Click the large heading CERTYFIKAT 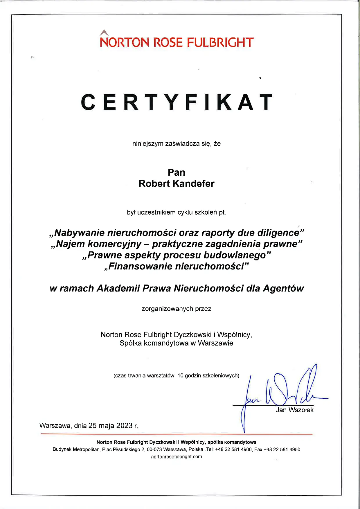[177, 102]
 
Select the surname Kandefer [193, 184]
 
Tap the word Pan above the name [177, 172]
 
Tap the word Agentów [283, 288]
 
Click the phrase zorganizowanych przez [177, 309]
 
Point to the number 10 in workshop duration [181, 375]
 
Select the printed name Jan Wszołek [295, 410]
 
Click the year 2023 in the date [124, 426]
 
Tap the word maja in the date [106, 426]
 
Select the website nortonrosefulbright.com [177, 457]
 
